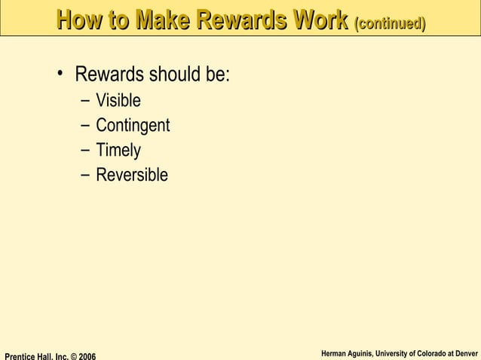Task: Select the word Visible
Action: coord(118,101)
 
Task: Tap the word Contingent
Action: coord(133,126)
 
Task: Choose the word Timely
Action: coord(118,151)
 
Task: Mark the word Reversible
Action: coord(132,175)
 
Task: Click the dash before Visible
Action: coord(81,101)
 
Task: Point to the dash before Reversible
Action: coord(81,175)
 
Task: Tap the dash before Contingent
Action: coord(81,126)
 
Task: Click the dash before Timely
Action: coord(81,151)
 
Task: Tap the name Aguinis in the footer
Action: coord(362,352)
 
